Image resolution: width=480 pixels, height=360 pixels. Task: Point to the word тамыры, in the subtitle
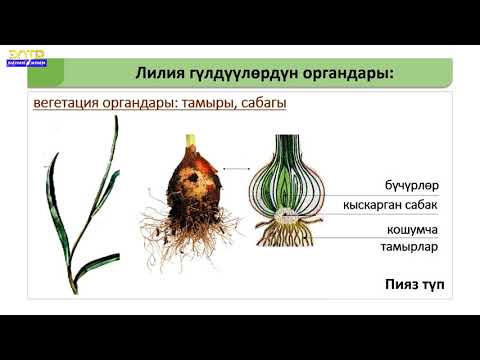(x=200, y=104)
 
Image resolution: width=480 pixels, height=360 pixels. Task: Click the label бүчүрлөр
(x=411, y=186)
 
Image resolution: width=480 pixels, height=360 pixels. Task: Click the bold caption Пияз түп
(x=413, y=285)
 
